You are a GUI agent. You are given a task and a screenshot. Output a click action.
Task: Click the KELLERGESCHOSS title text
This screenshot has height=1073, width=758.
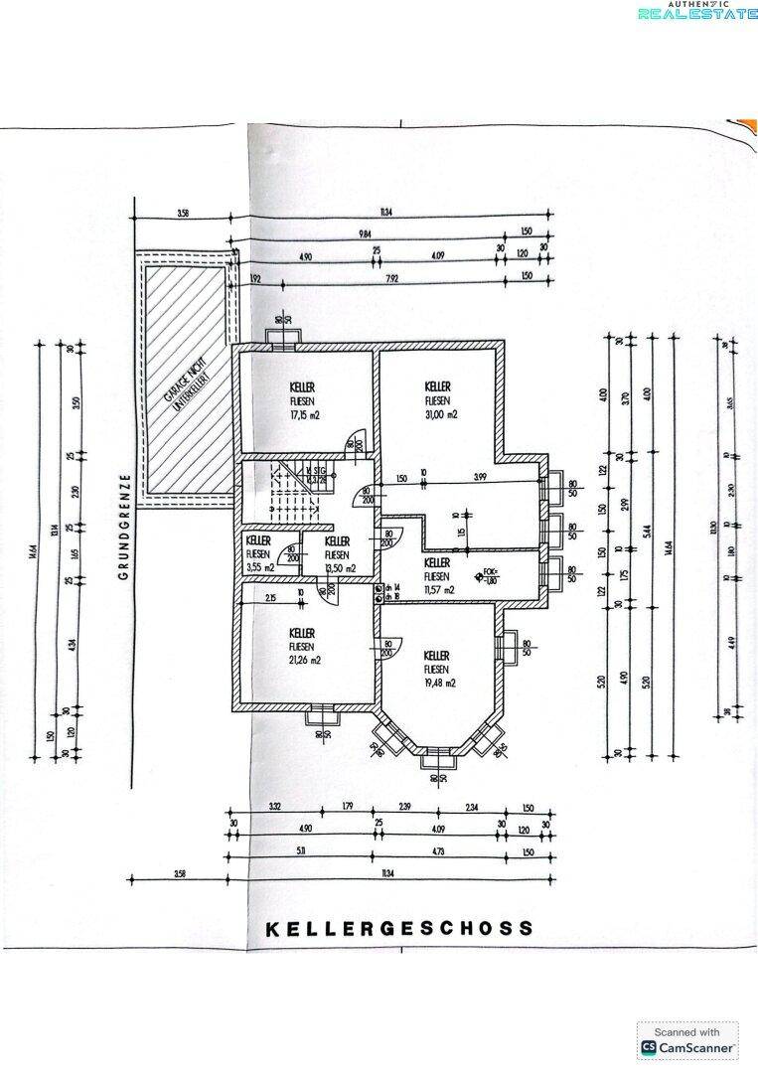(398, 929)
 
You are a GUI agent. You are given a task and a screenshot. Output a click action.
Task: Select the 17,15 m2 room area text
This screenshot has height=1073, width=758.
(303, 415)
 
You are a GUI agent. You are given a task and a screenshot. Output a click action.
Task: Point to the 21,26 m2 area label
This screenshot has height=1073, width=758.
(303, 659)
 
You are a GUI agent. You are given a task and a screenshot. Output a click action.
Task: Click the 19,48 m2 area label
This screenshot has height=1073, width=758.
(437, 683)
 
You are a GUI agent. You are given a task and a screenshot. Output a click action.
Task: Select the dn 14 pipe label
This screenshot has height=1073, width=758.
(393, 587)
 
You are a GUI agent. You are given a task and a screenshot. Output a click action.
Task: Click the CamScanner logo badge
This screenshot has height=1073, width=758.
(687, 1040)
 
